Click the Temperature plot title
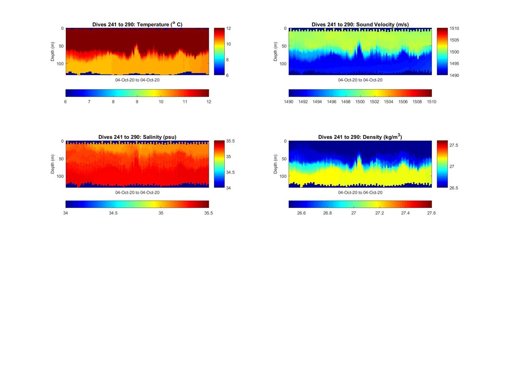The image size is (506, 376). click(137, 24)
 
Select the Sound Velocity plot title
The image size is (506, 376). click(360, 24)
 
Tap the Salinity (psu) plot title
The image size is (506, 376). click(137, 137)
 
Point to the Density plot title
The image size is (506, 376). click(360, 137)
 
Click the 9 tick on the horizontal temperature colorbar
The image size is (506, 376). click(137, 102)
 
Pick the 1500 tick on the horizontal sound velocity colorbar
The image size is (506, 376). click(360, 102)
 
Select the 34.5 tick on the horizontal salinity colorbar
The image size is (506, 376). click(113, 213)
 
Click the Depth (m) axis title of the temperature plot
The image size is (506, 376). click(53, 51)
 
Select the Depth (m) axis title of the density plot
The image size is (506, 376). click(276, 164)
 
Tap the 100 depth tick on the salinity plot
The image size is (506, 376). click(60, 176)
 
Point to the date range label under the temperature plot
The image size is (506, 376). click(137, 80)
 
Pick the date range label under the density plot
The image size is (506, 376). click(360, 192)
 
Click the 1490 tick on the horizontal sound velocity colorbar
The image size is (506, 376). click(289, 102)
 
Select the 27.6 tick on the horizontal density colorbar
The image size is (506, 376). click(431, 213)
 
